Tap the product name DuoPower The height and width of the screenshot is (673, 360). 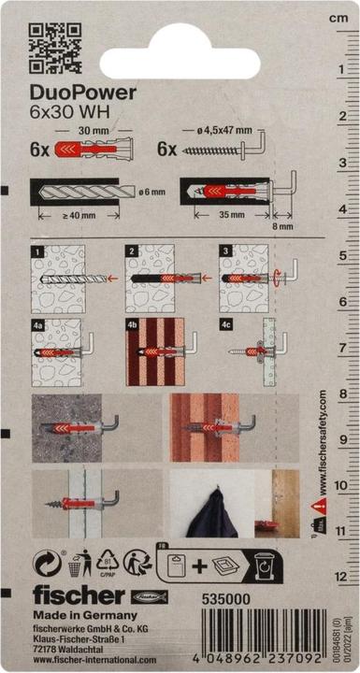(83, 92)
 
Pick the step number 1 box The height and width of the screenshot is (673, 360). (36, 251)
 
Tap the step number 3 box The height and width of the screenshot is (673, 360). (225, 251)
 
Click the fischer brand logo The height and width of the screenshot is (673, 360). (75, 594)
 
